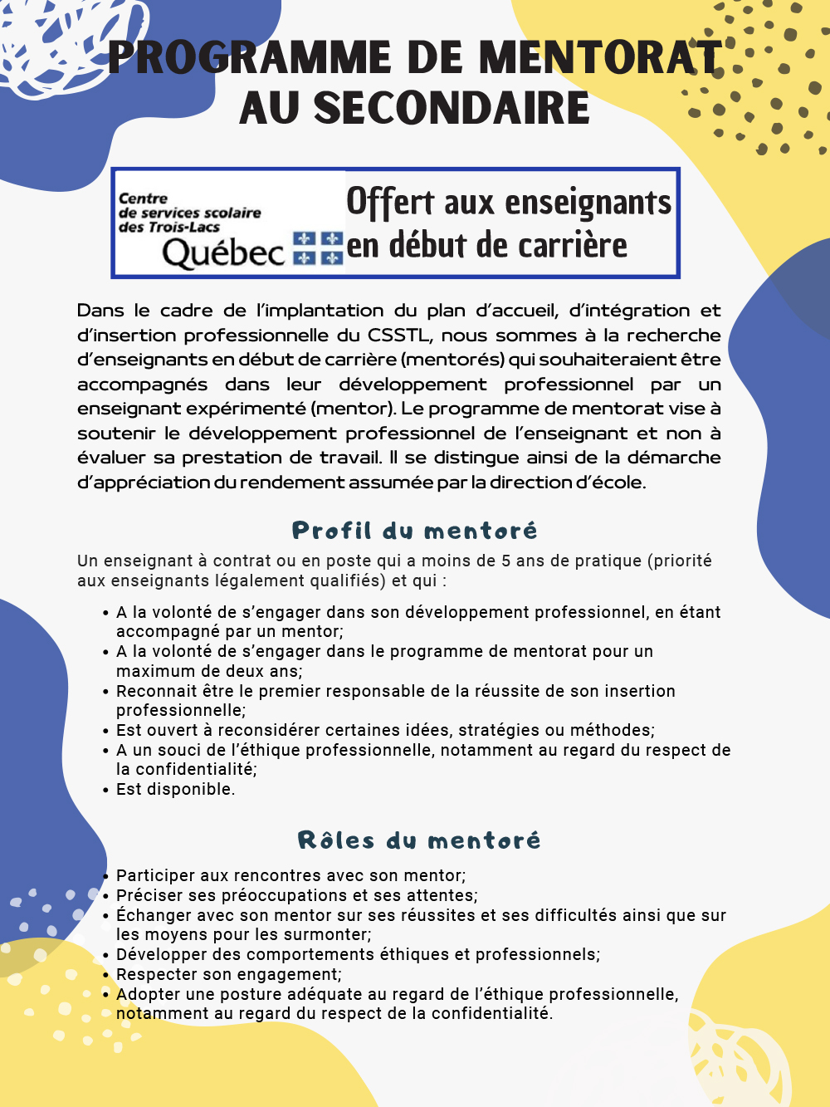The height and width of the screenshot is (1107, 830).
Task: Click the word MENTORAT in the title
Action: coord(599,58)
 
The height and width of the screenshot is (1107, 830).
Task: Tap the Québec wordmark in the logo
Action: coord(223,252)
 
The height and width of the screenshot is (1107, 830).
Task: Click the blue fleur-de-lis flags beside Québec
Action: coord(318,248)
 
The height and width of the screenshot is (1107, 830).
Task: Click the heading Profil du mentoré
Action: coord(414,531)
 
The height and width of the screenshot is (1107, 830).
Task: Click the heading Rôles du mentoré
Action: coord(418,840)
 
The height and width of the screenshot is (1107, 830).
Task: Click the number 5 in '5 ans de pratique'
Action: coord(505,561)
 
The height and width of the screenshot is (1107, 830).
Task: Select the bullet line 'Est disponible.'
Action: coord(175,789)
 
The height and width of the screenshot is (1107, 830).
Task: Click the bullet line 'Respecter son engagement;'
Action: coord(228,974)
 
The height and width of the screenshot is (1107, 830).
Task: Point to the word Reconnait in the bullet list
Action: coord(153,691)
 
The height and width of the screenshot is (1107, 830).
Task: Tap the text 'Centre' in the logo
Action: coord(143,198)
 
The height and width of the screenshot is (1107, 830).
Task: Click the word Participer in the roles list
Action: coord(153,875)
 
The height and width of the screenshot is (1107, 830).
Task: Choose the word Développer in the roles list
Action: coord(156,954)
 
